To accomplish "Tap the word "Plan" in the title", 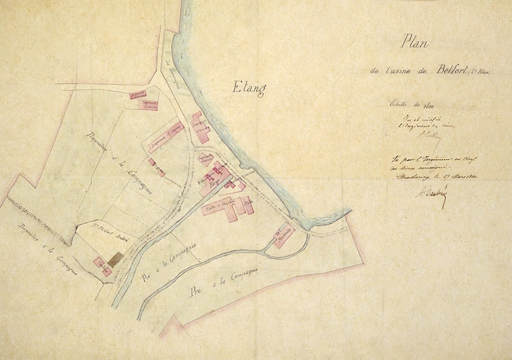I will click(415, 44).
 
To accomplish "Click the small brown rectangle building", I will click(115, 258).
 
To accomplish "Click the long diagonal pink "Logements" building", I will click(166, 136).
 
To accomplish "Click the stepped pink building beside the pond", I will click(200, 127).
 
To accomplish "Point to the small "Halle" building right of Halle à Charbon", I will click(248, 205).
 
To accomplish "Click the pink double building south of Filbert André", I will click(102, 266).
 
